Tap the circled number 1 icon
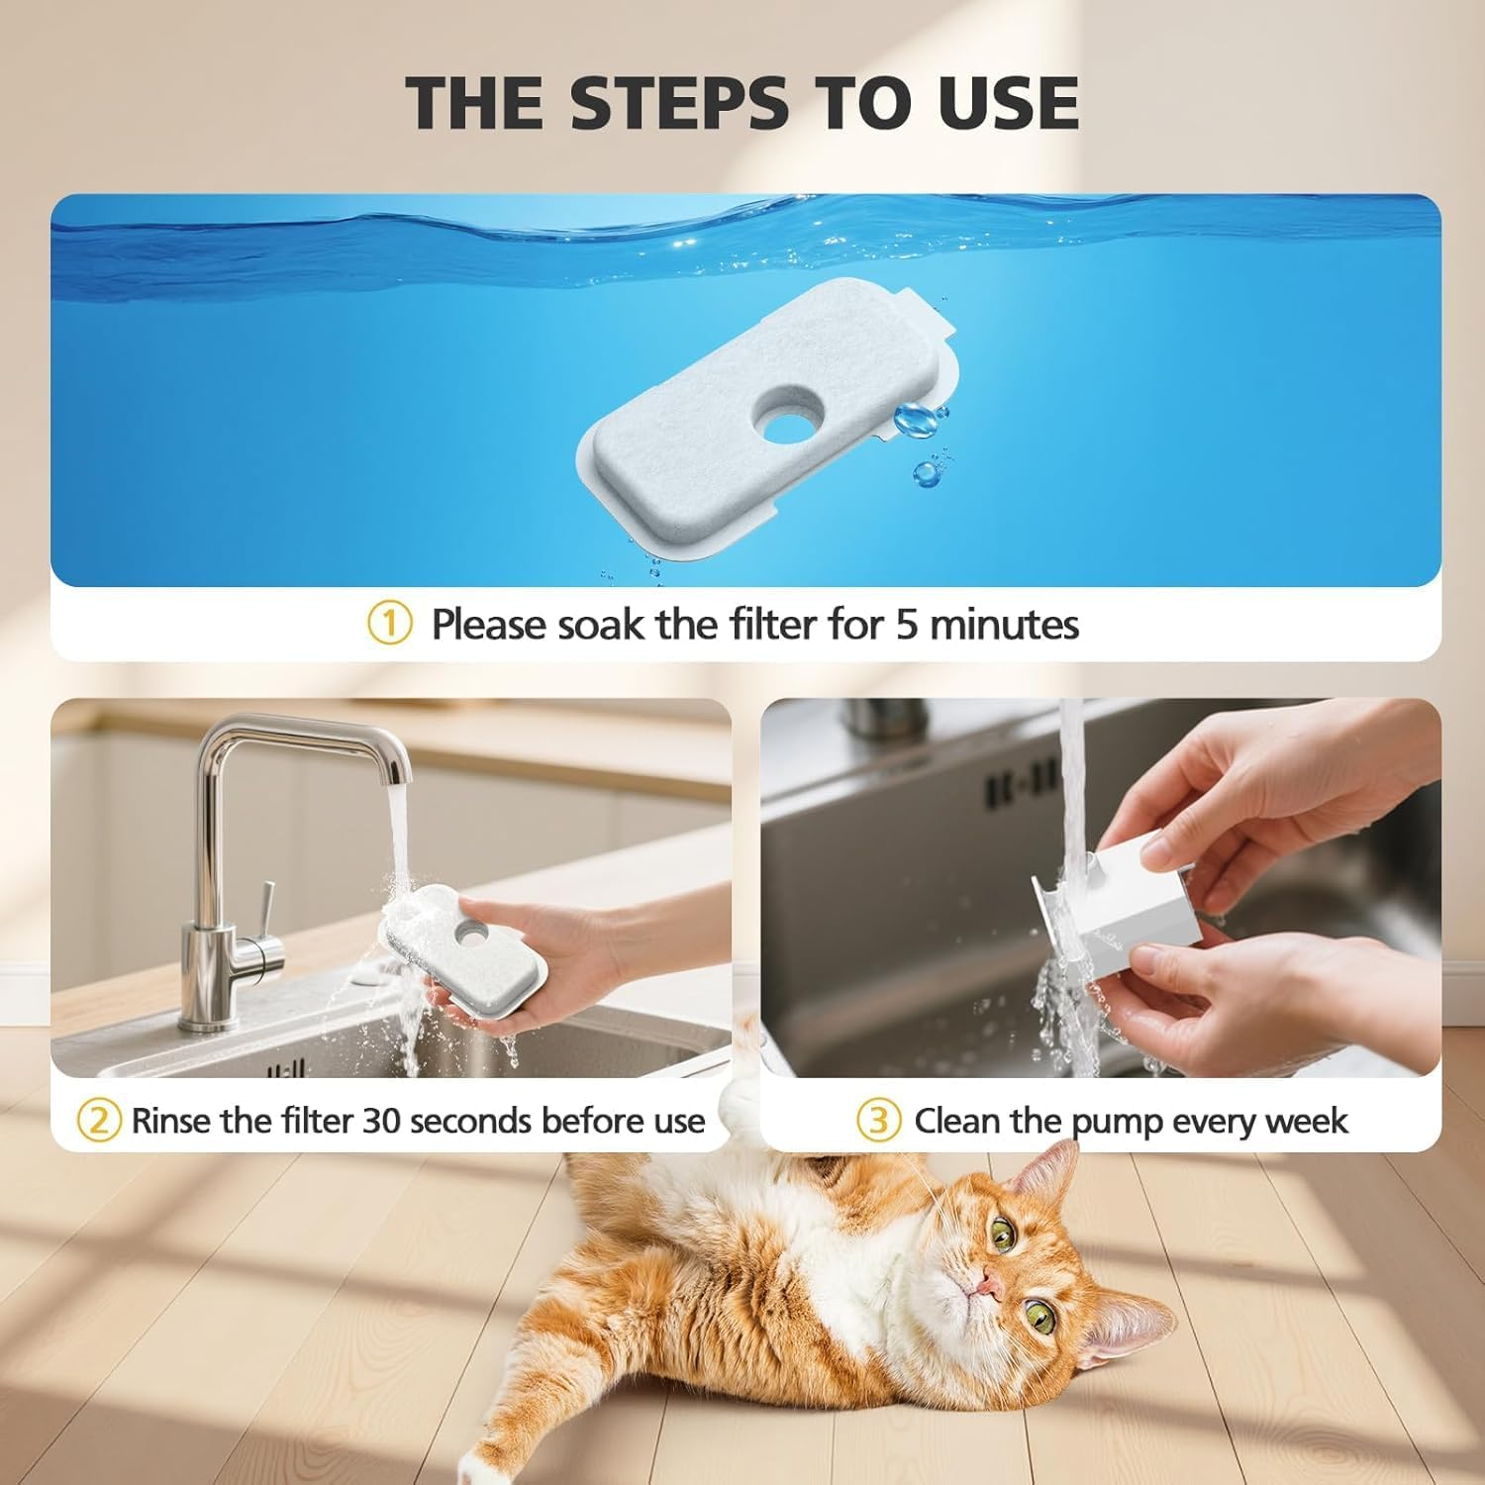point(389,624)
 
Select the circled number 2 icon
point(99,1121)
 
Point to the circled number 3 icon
point(879,1121)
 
